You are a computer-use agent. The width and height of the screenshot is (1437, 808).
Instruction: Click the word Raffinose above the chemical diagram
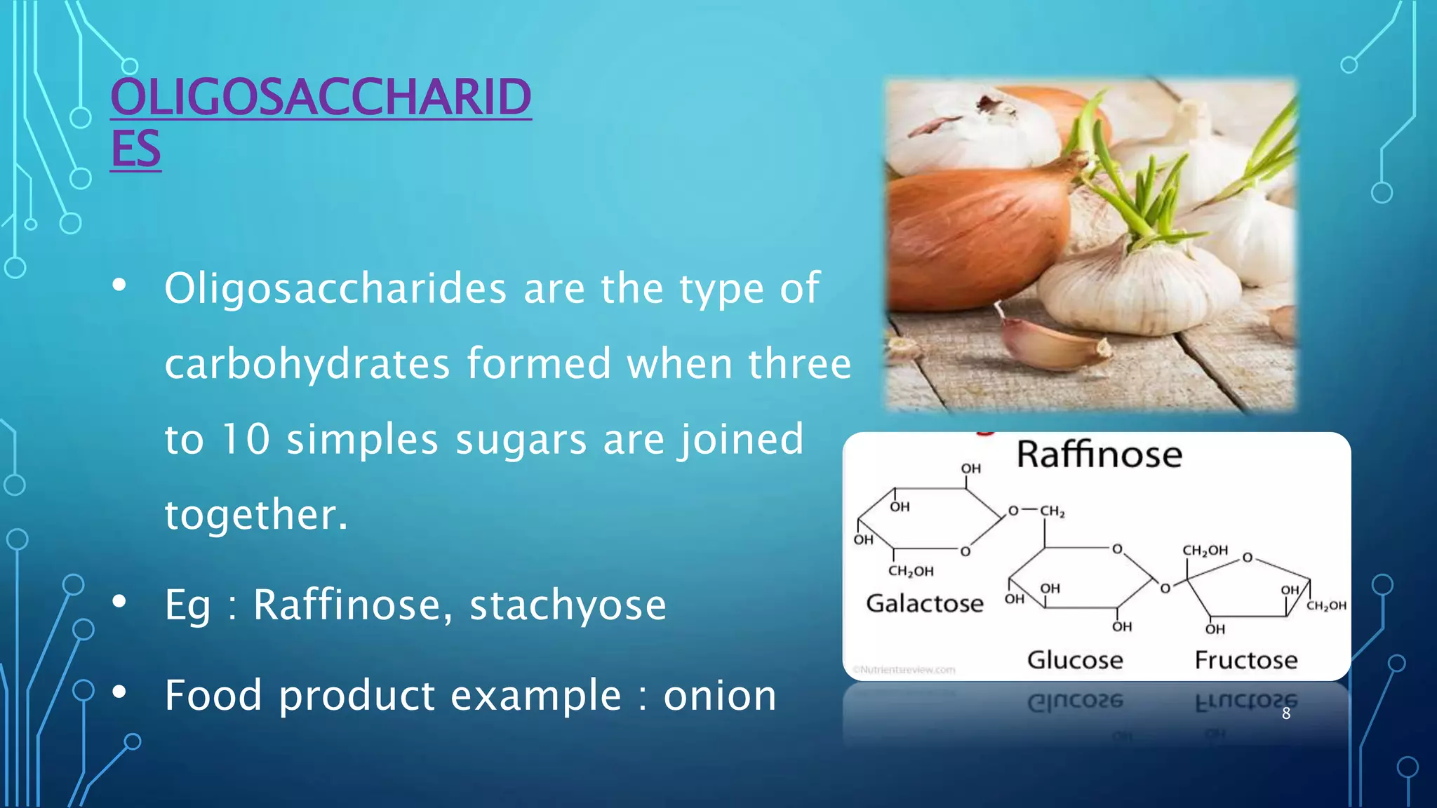(x=1099, y=454)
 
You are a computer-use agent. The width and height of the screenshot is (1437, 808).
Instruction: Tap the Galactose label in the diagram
(x=924, y=603)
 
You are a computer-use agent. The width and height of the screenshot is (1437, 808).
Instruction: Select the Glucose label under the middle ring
(x=1075, y=660)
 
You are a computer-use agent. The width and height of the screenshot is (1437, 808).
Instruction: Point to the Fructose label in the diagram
(x=1246, y=660)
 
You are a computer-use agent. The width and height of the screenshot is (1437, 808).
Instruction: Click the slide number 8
(x=1286, y=714)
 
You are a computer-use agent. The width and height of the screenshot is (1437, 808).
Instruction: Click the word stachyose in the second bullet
(x=568, y=605)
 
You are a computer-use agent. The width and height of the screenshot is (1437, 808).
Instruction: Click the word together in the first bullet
(x=255, y=514)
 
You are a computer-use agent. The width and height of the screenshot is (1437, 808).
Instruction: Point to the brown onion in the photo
(x=975, y=224)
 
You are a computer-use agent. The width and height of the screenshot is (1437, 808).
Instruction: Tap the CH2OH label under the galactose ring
(x=911, y=571)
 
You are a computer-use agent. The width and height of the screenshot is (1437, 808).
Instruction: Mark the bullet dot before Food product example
(x=119, y=692)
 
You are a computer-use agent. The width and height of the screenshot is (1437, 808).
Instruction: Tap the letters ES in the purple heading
(x=135, y=148)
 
